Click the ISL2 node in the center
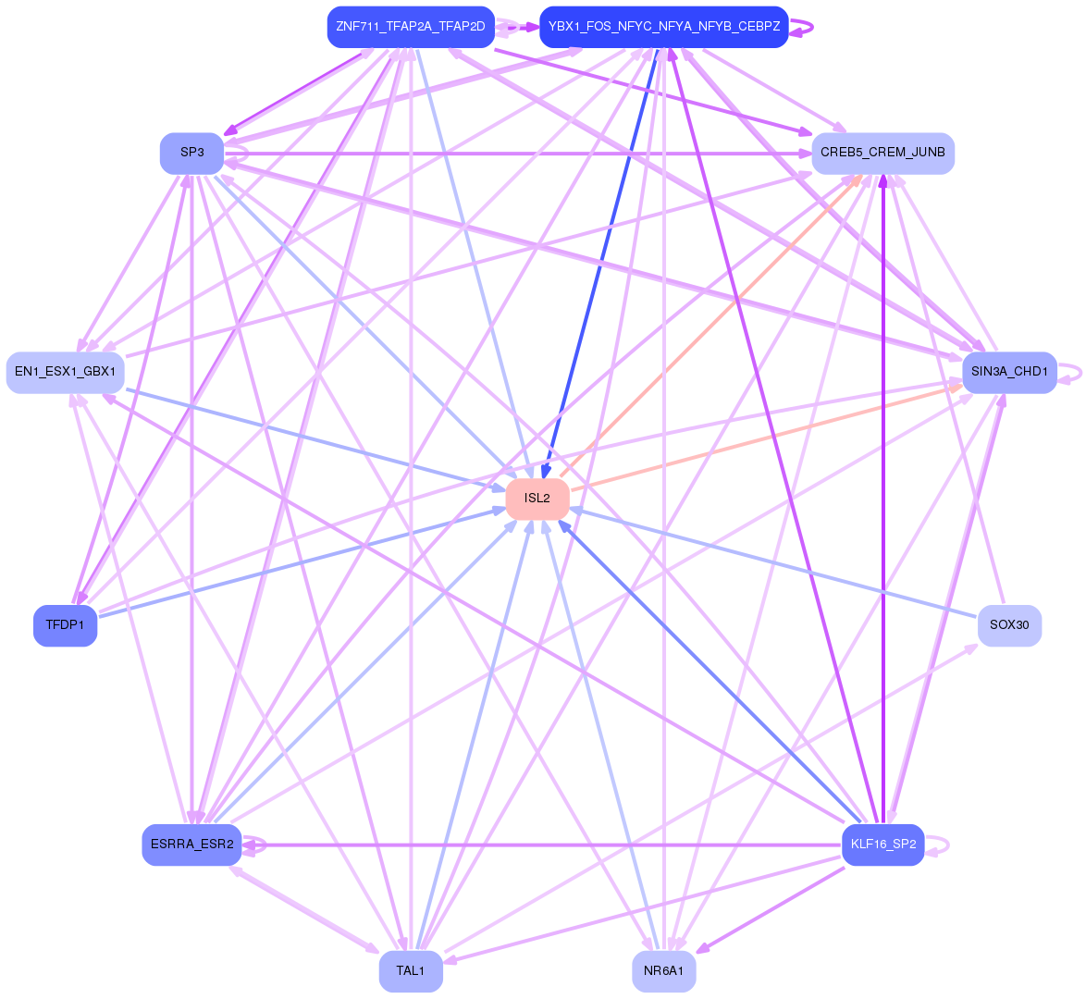(537, 499)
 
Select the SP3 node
(191, 153)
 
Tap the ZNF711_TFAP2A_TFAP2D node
(410, 27)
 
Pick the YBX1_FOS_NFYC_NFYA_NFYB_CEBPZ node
(663, 27)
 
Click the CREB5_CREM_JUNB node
(882, 153)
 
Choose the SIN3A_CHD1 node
(1009, 372)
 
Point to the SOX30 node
(1009, 625)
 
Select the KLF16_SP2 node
(882, 845)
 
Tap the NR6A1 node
(663, 971)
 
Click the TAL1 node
(410, 971)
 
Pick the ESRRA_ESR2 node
(191, 845)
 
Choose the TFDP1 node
(65, 625)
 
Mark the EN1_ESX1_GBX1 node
(65, 372)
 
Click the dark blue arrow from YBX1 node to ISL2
(601, 259)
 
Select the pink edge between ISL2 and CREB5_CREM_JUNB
(712, 324)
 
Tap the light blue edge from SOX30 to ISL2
(777, 562)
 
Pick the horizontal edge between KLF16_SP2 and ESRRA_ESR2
(537, 845)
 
